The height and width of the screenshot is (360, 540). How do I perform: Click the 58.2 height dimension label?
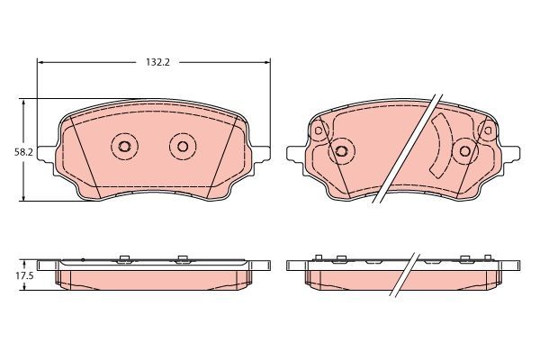12,152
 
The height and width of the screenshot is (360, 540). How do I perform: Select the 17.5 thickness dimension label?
12,276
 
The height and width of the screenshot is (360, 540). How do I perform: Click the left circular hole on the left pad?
123,147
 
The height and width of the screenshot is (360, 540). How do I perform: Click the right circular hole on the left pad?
183,147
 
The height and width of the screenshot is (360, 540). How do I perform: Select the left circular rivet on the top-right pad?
340,151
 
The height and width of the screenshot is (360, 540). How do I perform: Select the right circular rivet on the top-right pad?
464,151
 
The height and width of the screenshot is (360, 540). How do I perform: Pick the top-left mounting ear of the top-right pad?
318,131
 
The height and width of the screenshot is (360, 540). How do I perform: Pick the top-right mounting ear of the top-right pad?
488,131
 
